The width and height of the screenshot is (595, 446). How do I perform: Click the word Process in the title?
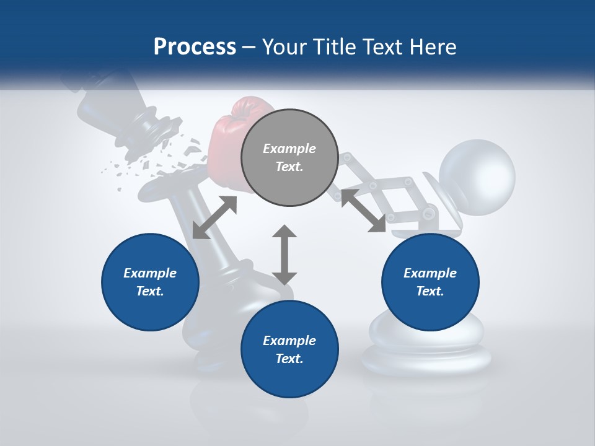[x=195, y=47]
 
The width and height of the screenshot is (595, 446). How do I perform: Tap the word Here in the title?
[x=431, y=47]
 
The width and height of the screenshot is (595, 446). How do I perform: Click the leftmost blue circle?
[x=150, y=282]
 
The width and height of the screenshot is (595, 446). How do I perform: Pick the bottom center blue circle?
[x=289, y=349]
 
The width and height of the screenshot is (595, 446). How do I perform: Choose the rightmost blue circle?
[x=430, y=282]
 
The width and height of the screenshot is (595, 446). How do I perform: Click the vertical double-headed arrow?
[x=284, y=255]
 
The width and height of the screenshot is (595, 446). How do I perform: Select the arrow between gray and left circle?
[x=214, y=217]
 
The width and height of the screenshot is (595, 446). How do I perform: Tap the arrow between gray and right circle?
[x=363, y=211]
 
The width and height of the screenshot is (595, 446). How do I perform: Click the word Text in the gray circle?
[x=289, y=167]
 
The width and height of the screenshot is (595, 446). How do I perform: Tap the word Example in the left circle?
[x=150, y=273]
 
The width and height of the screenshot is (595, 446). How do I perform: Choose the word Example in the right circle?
[x=430, y=273]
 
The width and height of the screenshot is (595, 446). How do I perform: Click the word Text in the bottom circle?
[x=289, y=359]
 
